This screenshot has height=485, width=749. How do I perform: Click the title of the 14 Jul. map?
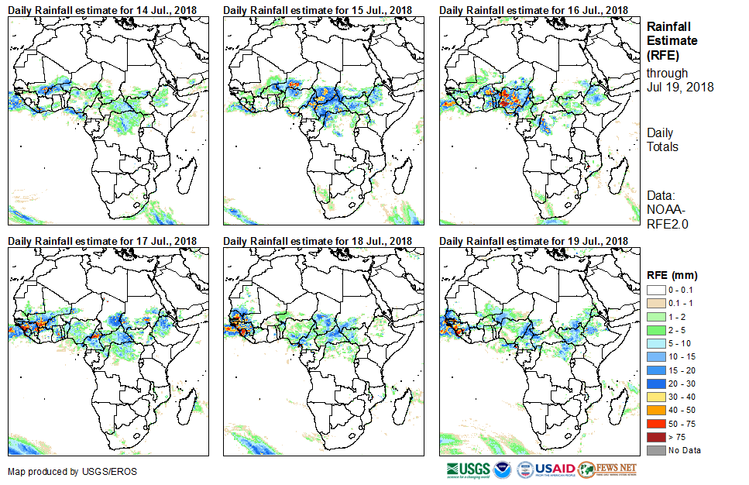coord(102,9)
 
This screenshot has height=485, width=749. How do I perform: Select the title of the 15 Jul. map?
coord(318,9)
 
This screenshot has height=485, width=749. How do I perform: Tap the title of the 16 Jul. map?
coord(534,9)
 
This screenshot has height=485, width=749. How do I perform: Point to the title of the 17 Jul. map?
coord(102,240)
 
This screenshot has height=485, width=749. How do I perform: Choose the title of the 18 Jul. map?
coord(318,240)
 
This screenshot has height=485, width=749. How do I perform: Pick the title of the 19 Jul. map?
coord(534,240)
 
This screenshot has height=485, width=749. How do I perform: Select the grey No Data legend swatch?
coord(656,450)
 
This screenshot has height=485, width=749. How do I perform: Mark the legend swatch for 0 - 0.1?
coord(656,289)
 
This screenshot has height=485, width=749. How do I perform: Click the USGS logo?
coord(468,470)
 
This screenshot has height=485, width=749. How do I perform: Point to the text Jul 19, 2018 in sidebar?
coord(680,87)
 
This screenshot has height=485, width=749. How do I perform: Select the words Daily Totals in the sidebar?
coord(662,140)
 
